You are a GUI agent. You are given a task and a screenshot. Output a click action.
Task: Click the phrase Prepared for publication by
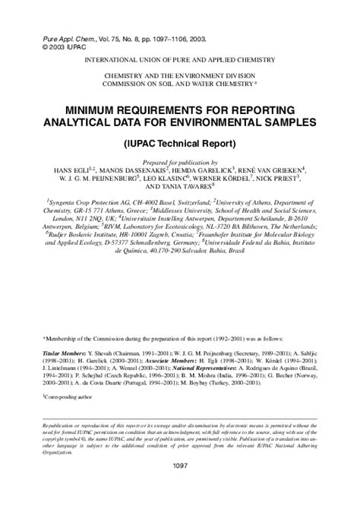tap(180, 161)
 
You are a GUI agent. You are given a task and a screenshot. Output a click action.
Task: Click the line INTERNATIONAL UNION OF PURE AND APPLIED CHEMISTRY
tap(180, 59)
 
